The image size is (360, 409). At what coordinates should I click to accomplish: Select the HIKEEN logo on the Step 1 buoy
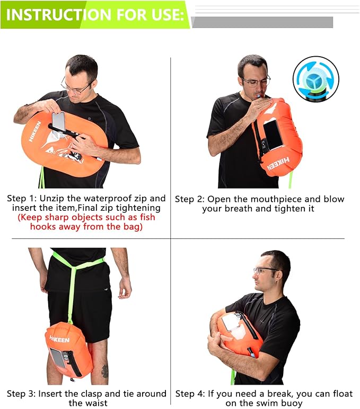point(34,135)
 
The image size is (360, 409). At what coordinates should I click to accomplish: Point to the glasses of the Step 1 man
point(74,88)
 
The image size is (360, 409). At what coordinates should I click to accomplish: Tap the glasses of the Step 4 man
point(265,270)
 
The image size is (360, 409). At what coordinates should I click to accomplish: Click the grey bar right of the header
point(262,22)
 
